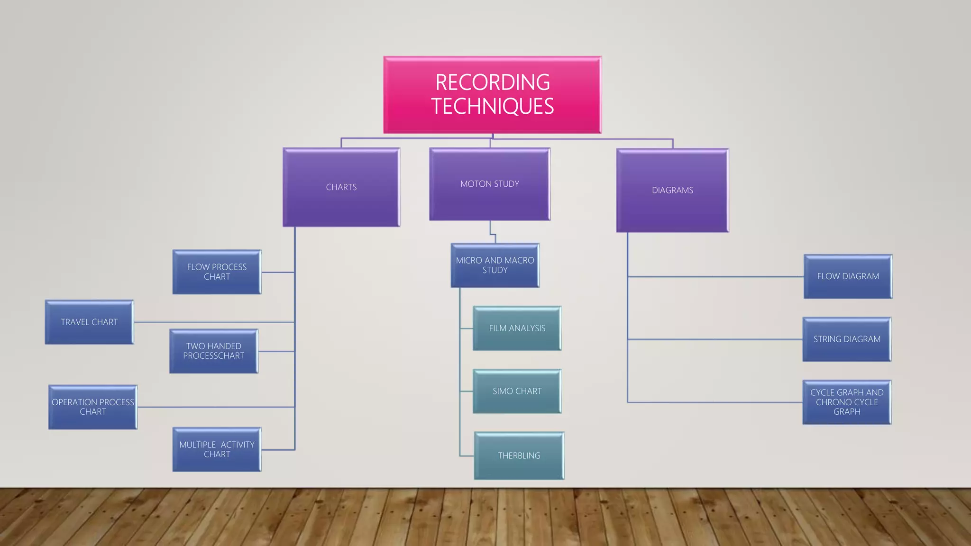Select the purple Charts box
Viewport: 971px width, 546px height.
point(341,187)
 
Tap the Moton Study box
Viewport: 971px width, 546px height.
point(490,184)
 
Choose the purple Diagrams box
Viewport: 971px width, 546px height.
point(672,190)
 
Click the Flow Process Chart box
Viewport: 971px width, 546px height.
point(217,272)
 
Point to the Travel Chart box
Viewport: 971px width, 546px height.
point(89,322)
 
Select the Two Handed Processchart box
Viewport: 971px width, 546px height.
point(214,351)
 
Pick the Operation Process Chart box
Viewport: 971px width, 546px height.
point(93,407)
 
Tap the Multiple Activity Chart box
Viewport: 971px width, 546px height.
point(217,449)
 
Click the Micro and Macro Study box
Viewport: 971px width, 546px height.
point(495,265)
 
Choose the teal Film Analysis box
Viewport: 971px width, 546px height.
point(517,328)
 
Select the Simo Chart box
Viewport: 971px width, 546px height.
point(517,391)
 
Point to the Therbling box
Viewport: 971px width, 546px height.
point(519,455)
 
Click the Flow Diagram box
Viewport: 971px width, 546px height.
point(848,276)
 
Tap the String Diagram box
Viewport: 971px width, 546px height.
point(847,339)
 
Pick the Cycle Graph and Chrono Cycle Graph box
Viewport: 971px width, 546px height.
point(847,402)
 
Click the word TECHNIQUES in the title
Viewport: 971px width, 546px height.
point(492,106)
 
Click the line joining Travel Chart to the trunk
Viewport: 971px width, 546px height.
point(213,322)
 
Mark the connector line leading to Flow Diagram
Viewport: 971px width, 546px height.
point(716,276)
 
